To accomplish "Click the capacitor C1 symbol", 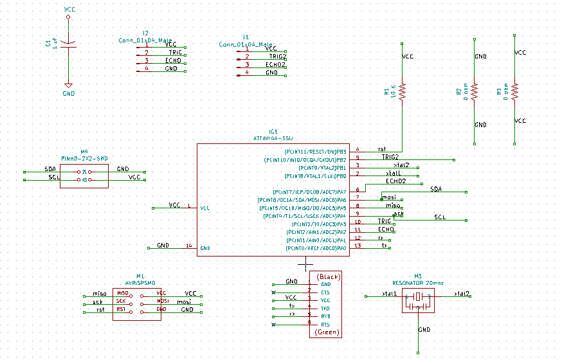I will point(68,44).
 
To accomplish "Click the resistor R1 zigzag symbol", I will point(403,91).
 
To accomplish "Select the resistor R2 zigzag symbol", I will point(475,91).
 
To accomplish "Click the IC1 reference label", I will point(273,131).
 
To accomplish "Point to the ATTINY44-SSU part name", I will point(273,138).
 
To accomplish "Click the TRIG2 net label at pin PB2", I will point(390,156).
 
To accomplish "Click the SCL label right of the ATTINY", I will point(440,217).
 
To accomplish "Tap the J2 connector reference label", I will point(145,33).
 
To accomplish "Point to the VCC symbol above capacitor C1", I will point(69,11).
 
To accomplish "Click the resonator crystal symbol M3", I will point(419,298).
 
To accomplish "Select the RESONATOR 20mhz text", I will point(419,282).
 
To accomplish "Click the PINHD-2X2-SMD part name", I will point(84,157).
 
